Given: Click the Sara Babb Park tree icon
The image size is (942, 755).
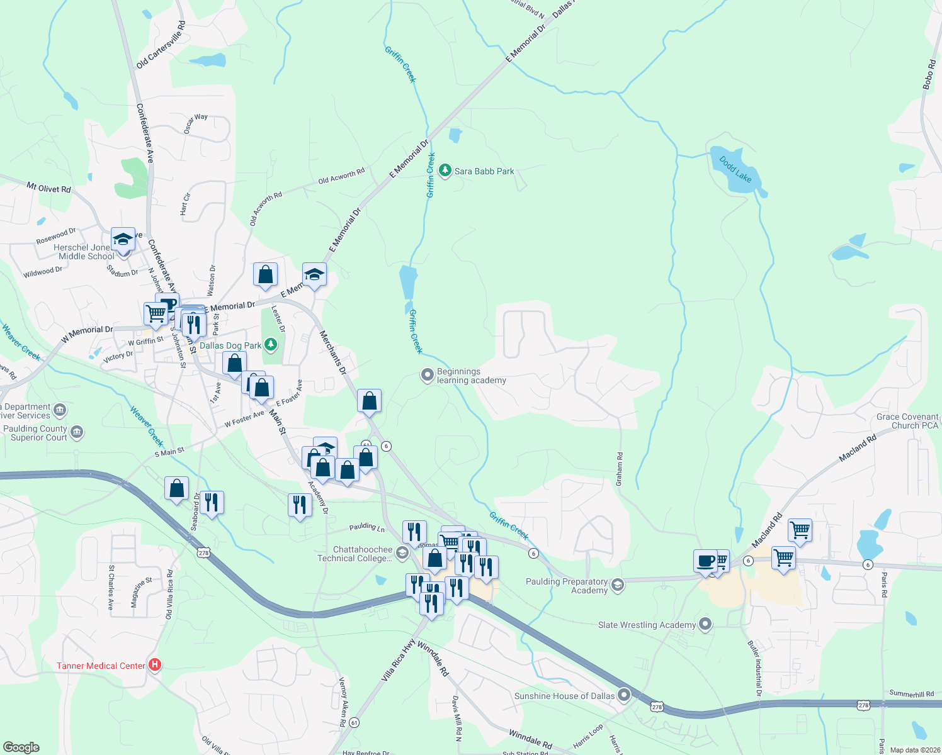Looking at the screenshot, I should [x=445, y=171].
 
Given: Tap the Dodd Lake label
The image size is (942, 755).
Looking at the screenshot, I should [x=735, y=169].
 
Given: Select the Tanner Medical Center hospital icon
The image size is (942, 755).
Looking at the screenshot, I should [x=154, y=665].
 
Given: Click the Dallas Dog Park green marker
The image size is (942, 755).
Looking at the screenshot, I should [x=271, y=345].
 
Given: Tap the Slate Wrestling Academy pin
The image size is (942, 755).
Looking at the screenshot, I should [x=705, y=624].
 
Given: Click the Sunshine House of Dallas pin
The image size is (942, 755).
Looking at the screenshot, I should [x=624, y=695].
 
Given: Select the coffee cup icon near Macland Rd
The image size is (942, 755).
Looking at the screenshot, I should [x=706, y=560].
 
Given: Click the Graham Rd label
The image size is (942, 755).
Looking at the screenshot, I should [x=620, y=469].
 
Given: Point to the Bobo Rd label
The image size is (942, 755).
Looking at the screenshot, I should [x=929, y=74].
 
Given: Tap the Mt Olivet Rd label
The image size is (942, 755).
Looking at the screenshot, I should [x=48, y=187].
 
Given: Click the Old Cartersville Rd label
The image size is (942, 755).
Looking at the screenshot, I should [x=161, y=45].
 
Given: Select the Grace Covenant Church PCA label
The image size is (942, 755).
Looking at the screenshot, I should [x=907, y=421].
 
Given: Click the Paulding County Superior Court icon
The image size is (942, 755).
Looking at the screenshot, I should [x=77, y=432].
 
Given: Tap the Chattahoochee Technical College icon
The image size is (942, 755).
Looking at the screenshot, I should [x=402, y=552].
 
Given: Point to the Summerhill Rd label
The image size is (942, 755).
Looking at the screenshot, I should [x=911, y=693].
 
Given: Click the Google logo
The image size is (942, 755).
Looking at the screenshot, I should [x=21, y=747].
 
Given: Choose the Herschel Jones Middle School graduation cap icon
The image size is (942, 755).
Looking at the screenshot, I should [x=123, y=239].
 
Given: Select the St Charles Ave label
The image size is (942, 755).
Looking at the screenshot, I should [x=111, y=588].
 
